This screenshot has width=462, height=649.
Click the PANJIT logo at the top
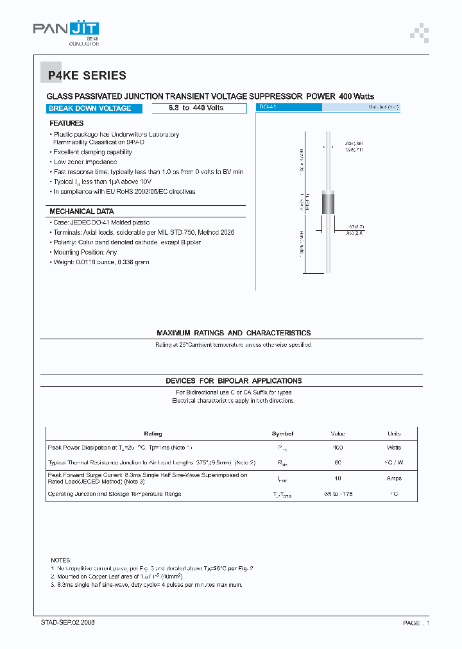66,29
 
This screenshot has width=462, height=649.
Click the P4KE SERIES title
87,76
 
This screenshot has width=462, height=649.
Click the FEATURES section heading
67,122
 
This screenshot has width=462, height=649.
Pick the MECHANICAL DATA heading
81,212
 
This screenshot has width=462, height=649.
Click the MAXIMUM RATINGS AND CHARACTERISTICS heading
234,333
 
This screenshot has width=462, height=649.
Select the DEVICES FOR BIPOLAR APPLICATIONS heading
234,381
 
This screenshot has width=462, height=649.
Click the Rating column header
153,434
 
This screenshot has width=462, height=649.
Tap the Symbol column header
282,434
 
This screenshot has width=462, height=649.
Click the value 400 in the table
338,447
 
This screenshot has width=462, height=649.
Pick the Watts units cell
393,447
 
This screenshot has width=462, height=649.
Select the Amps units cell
393,478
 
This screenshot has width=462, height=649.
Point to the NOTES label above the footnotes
61,560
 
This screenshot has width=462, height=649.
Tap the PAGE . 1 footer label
416,623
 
